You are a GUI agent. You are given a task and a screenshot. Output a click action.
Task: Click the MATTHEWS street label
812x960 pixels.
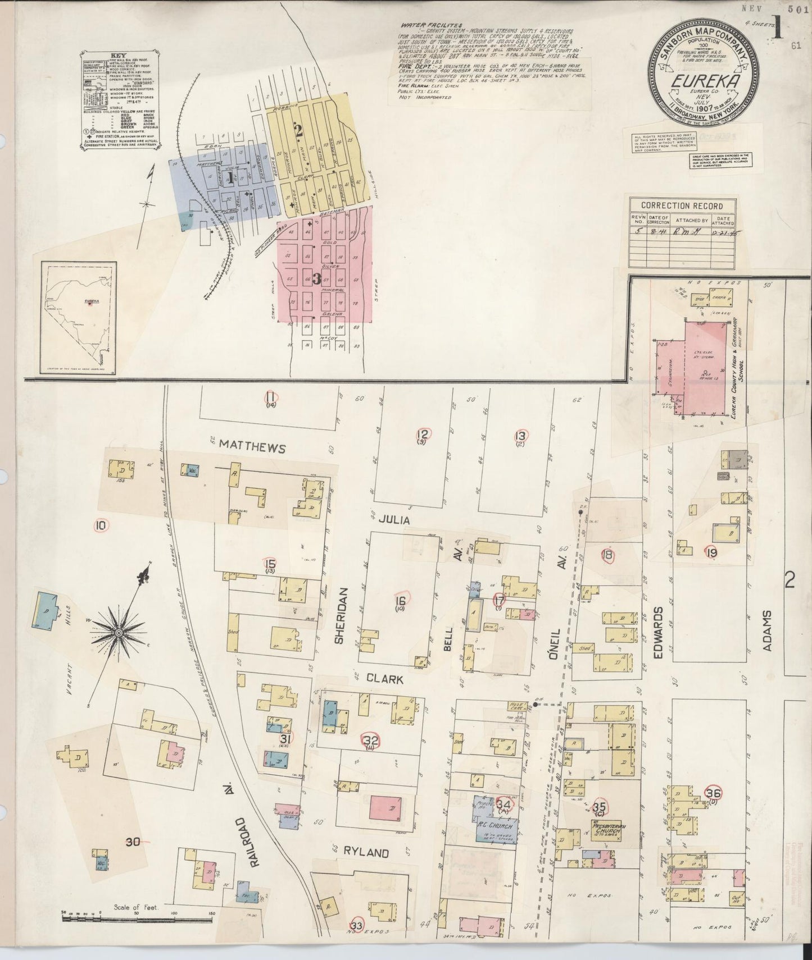click(x=253, y=447)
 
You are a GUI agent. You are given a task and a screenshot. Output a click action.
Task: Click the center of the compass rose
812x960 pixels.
click(x=119, y=633)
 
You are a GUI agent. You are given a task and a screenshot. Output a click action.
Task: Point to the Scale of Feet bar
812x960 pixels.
click(x=138, y=919)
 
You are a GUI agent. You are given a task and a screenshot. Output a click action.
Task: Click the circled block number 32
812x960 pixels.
click(x=371, y=740)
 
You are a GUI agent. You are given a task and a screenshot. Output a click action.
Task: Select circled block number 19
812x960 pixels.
click(x=711, y=552)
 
